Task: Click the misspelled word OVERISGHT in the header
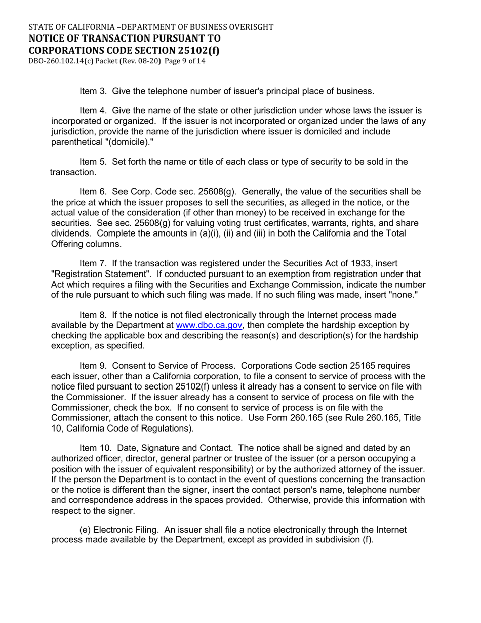coord(251,27)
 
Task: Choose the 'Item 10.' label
coord(96,448)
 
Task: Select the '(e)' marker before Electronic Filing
coord(87,530)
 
